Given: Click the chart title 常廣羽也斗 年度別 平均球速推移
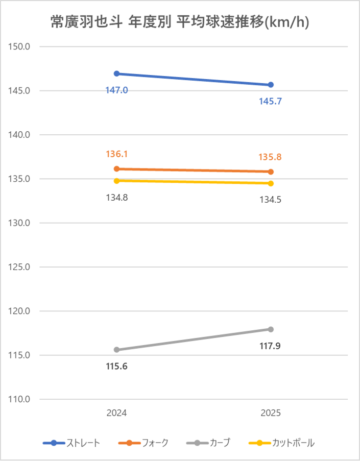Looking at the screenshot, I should [180, 22].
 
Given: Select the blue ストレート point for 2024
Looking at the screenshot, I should [117, 74].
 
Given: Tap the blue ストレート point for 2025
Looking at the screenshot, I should [271, 85].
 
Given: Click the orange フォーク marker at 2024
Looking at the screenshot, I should [117, 169].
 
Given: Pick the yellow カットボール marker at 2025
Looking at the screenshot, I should [271, 183].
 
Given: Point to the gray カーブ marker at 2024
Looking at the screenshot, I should [117, 350].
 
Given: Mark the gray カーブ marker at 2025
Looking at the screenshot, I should [271, 329].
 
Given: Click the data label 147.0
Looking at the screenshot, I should [117, 90].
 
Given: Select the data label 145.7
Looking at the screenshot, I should [271, 102].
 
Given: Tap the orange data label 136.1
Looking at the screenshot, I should [117, 154].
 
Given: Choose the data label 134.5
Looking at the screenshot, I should [271, 200].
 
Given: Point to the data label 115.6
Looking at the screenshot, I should [117, 367].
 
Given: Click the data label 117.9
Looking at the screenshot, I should [271, 346].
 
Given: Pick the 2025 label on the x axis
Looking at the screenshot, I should [271, 413].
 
